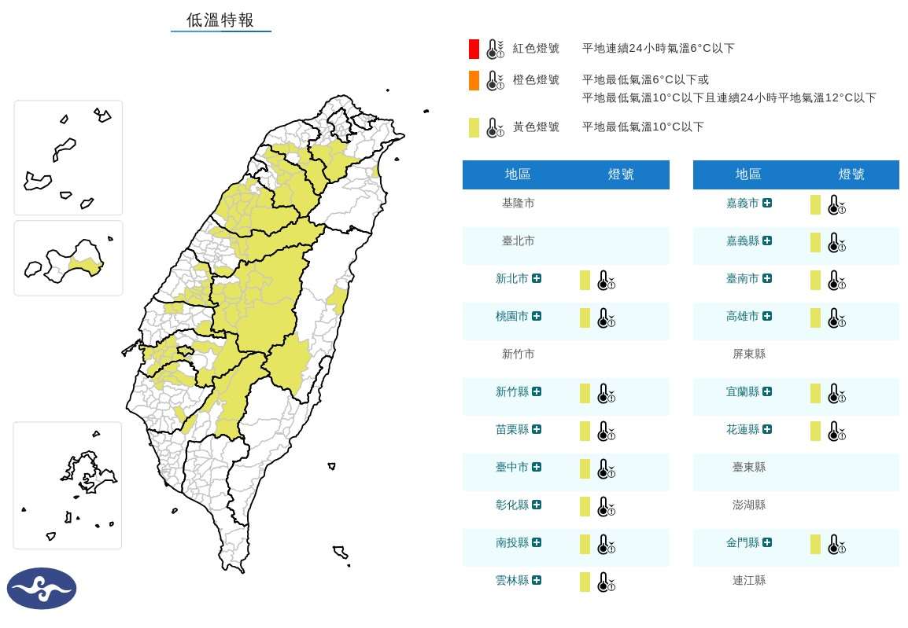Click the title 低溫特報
(x=220, y=20)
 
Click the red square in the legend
(x=474, y=49)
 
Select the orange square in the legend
(x=474, y=80)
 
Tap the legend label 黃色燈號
(x=536, y=127)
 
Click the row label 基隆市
(x=518, y=204)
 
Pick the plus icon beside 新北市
(x=537, y=279)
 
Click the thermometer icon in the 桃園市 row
(x=605, y=318)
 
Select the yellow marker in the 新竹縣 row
(x=585, y=393)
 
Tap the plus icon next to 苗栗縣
(x=537, y=430)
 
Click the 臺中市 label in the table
(x=512, y=468)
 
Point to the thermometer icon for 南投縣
(x=605, y=544)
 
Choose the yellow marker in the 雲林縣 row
(x=585, y=582)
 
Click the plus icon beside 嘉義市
(x=767, y=204)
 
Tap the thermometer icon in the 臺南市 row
(x=836, y=280)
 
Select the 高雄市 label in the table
(x=743, y=317)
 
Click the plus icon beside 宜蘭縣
(x=767, y=392)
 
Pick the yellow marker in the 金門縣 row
(x=816, y=544)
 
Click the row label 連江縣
(x=748, y=581)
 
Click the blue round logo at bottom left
(x=42, y=589)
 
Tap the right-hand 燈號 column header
(x=851, y=174)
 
